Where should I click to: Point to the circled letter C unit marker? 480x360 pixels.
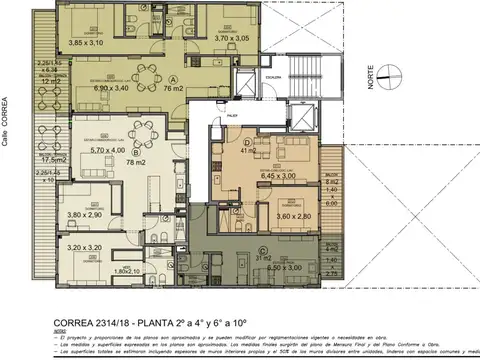(x=261, y=250)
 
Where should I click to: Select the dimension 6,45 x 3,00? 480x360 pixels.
(x=286, y=176)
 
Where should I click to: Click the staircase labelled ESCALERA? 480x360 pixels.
(x=273, y=91)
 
